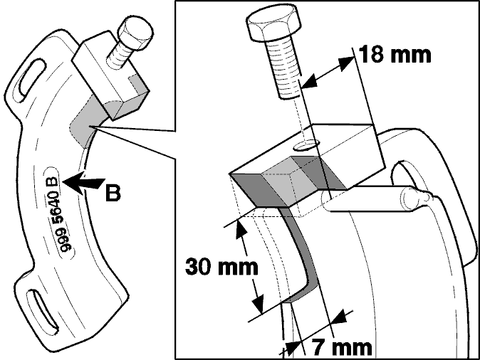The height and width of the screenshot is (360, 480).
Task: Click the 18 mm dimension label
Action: pos(395,55)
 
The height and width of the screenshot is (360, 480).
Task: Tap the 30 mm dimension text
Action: pos(221,267)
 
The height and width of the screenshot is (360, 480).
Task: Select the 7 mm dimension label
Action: pos(342,347)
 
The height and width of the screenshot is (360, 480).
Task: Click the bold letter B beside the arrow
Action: pos(113,193)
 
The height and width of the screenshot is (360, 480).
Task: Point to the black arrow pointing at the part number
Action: pos(83,182)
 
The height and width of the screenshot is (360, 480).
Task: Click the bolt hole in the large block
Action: pos(306,145)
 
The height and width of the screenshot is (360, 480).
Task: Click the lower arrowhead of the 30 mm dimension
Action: pos(259,304)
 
